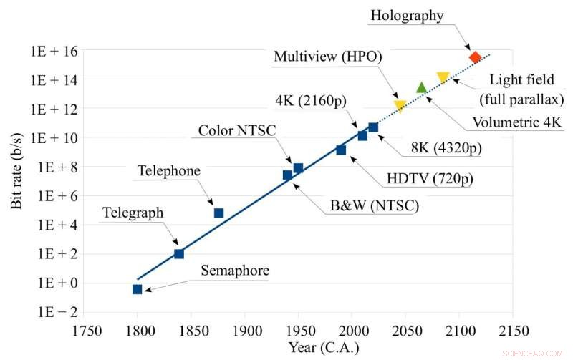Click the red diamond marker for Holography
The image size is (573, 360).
pos(474,57)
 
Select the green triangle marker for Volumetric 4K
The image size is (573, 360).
pos(421,88)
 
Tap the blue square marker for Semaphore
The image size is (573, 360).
pos(137,289)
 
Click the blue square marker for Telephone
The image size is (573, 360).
pos(218,213)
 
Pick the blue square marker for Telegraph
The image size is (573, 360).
pos(179,254)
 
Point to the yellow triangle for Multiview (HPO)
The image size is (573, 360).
pos(400,106)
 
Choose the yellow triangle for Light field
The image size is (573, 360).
pos(443,77)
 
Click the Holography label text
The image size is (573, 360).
pos(407,15)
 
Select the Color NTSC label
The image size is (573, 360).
pos(236,130)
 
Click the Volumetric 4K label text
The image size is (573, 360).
pos(516,122)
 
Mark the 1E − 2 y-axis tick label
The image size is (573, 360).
pos(54,312)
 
